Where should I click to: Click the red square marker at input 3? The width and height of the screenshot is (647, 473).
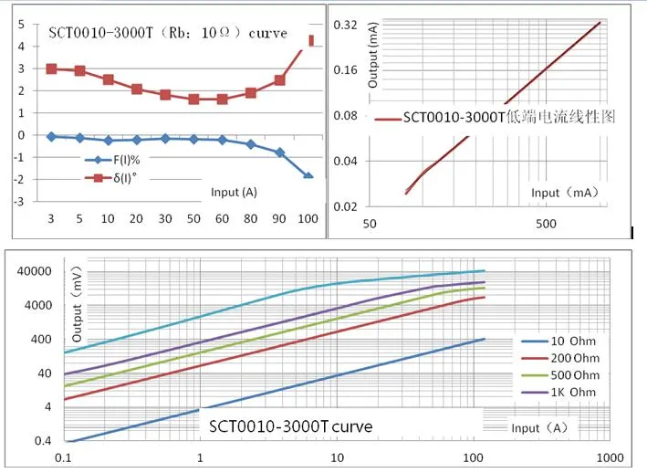pyautogui.click(x=51, y=68)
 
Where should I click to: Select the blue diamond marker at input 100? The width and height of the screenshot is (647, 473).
pyautogui.click(x=308, y=175)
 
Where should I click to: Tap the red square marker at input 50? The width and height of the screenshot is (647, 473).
pyautogui.click(x=193, y=99)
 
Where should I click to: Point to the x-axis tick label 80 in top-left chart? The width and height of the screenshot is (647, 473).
pyautogui.click(x=250, y=220)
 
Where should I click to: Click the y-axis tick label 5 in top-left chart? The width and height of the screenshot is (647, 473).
pyautogui.click(x=21, y=25)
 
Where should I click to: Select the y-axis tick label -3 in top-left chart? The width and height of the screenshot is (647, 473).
pyautogui.click(x=19, y=201)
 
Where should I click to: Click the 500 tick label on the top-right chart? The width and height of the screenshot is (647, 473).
pyautogui.click(x=545, y=224)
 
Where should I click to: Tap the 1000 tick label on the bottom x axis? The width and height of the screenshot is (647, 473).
pyautogui.click(x=609, y=457)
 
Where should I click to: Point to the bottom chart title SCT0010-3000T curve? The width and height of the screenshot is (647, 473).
pyautogui.click(x=290, y=426)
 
